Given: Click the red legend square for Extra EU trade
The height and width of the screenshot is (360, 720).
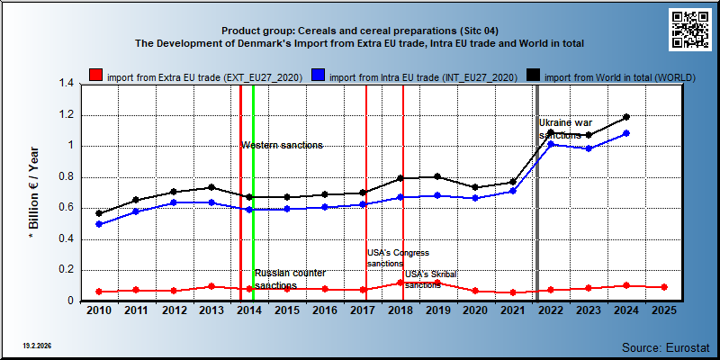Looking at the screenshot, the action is (x=96, y=76).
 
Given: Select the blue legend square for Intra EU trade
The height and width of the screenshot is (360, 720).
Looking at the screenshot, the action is (x=319, y=76).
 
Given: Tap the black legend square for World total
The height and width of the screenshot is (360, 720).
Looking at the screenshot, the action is (x=533, y=76).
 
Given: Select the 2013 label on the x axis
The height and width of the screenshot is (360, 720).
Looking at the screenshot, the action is (x=211, y=310).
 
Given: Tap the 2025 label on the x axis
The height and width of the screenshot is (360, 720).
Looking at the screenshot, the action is (x=664, y=310).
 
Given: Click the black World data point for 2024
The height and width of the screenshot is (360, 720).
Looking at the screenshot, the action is (x=626, y=117).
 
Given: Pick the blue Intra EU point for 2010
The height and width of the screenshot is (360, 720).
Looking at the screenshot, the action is (x=99, y=224).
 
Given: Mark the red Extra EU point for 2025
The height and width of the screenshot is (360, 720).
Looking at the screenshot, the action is (x=664, y=287).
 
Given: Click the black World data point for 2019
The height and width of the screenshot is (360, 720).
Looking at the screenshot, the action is (x=437, y=176).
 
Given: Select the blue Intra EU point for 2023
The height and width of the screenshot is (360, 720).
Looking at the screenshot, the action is (x=589, y=148).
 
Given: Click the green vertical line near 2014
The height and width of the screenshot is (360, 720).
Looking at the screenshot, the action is (x=254, y=193).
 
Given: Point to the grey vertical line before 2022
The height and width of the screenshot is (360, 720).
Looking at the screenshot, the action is (x=537, y=193).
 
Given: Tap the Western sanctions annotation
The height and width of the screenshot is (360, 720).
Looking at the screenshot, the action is (x=282, y=146).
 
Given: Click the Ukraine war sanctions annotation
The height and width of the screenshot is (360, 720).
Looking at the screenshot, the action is (x=566, y=129).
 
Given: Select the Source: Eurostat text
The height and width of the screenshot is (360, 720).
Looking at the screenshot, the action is (x=666, y=347).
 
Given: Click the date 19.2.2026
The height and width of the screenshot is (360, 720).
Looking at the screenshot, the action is (x=37, y=346).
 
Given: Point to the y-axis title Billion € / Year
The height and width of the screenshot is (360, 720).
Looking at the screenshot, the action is (x=33, y=193).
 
